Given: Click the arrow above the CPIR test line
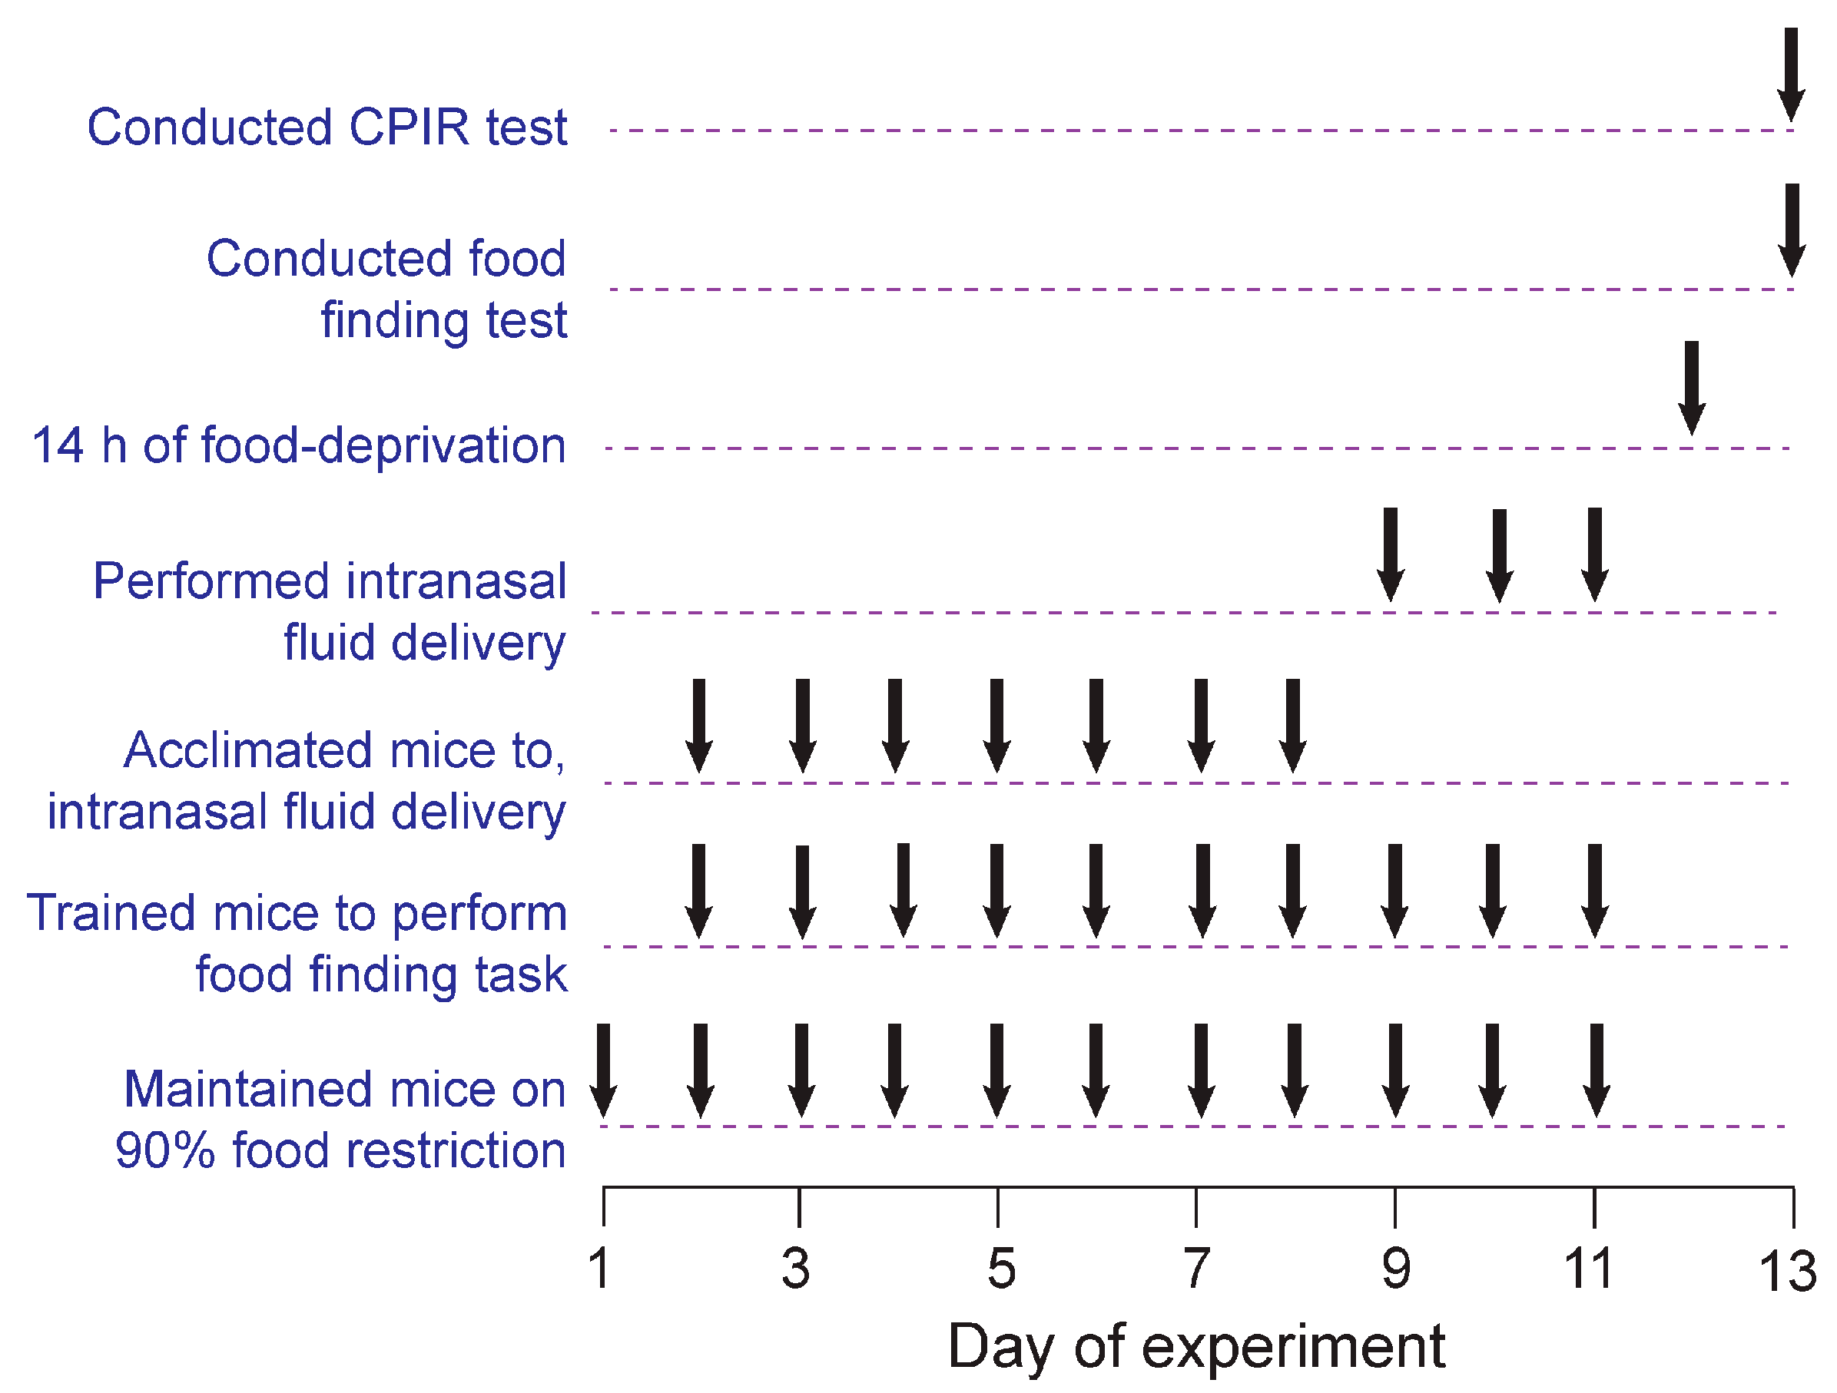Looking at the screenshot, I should tap(1792, 74).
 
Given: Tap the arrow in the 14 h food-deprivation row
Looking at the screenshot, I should tap(1692, 388).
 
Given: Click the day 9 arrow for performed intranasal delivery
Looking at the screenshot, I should tap(1391, 554).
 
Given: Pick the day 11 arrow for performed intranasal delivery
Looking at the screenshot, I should tap(1594, 554).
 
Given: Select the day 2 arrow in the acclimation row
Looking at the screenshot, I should tap(699, 726).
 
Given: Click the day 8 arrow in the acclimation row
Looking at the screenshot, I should tap(1293, 726).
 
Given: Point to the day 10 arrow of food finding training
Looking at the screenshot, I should tap(1492, 891).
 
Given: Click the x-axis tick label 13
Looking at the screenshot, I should tap(1787, 1272).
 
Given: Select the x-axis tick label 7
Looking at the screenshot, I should tap(1196, 1269).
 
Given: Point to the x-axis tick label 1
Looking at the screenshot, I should tap(599, 1269).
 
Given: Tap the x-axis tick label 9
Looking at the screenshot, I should tap(1396, 1269).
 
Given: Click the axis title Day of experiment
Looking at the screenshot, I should tap(1196, 1346).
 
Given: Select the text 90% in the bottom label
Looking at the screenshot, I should tap(165, 1150).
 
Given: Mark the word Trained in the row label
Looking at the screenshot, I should tap(111, 913).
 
